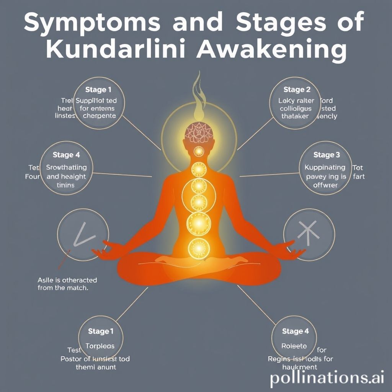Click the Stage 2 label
tap(297, 90)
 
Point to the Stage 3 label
tap(327, 155)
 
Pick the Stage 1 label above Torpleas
tap(101, 332)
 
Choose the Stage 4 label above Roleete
tap(296, 332)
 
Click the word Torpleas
tap(100, 346)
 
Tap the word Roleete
tap(294, 346)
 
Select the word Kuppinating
tap(325, 167)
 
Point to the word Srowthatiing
tap(66, 167)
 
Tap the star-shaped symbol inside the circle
tap(309, 234)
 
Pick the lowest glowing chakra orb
tap(198, 248)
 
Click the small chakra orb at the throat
tap(198, 152)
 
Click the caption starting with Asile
tap(67, 284)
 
